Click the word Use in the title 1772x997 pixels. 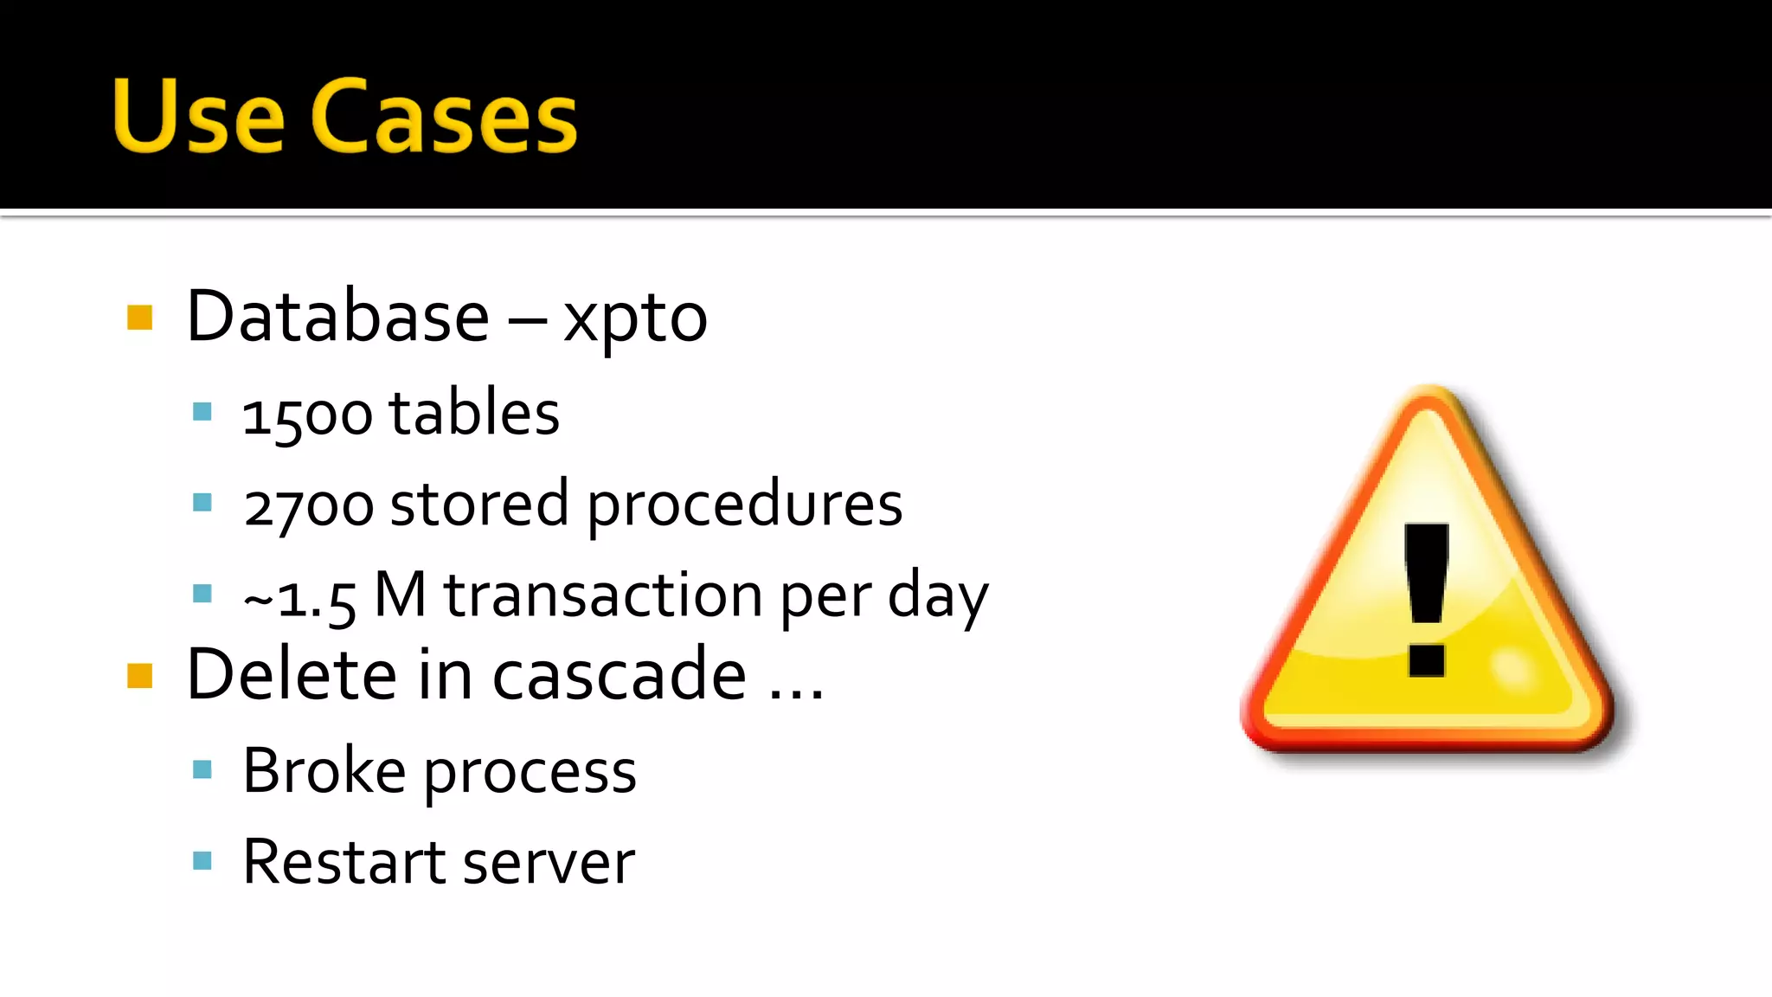click(x=198, y=116)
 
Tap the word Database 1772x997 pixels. click(x=338, y=317)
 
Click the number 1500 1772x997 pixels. click(x=307, y=415)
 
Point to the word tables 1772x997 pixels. click(x=474, y=413)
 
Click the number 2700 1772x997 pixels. click(x=308, y=505)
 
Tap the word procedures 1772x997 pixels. click(x=745, y=505)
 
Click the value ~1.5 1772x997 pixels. click(x=299, y=598)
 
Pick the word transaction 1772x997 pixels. click(x=603, y=596)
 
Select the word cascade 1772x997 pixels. click(x=619, y=676)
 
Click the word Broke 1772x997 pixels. click(x=324, y=770)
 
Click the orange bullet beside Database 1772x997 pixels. click(x=139, y=318)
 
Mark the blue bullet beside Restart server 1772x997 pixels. click(x=202, y=860)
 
